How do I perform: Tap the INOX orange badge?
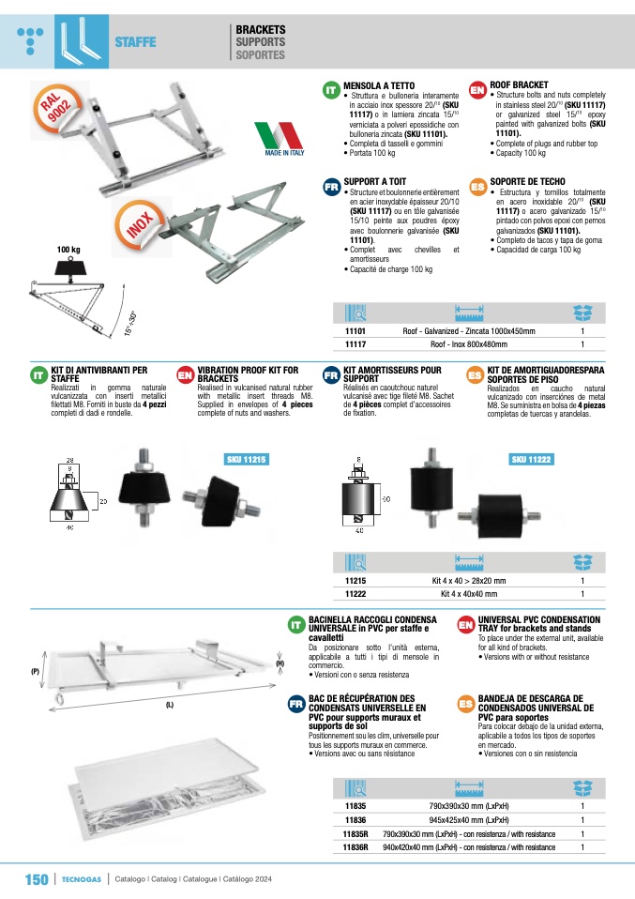(x=139, y=223)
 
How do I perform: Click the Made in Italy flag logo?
(x=280, y=139)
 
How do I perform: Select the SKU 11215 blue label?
(x=247, y=459)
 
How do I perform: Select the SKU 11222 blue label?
(x=531, y=459)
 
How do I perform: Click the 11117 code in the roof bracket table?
(x=355, y=344)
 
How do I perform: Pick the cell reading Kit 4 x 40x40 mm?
(x=469, y=594)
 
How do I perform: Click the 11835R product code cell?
(x=355, y=834)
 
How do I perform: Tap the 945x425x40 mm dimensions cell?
(x=469, y=820)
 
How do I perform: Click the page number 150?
(x=37, y=879)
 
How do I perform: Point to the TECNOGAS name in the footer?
(x=82, y=879)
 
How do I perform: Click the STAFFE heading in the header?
(x=135, y=42)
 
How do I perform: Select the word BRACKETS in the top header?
(x=260, y=29)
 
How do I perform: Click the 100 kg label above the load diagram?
(x=68, y=250)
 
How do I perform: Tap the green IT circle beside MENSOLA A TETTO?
(x=331, y=90)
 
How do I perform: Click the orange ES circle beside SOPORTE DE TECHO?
(x=477, y=187)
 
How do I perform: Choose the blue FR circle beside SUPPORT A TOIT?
(x=332, y=187)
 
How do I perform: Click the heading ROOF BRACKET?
(x=519, y=84)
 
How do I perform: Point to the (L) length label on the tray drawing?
(x=170, y=705)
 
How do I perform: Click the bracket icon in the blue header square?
(x=82, y=41)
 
